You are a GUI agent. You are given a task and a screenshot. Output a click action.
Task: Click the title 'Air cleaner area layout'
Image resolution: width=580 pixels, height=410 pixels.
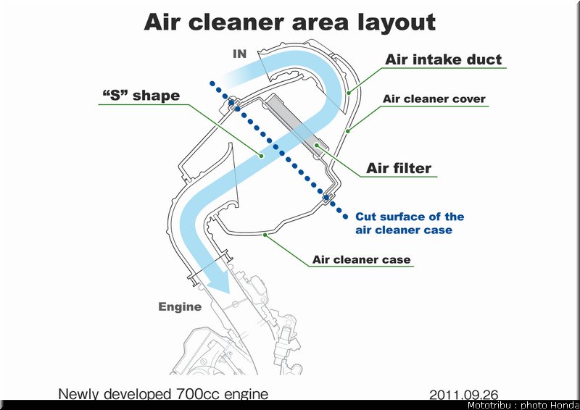tap(289, 22)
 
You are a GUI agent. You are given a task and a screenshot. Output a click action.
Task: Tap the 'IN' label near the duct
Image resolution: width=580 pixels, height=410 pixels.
tap(240, 54)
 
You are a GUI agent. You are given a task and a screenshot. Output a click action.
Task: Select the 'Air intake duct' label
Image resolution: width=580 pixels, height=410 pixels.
tap(443, 59)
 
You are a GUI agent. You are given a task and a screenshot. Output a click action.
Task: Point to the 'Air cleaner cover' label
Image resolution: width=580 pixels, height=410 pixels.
tap(434, 99)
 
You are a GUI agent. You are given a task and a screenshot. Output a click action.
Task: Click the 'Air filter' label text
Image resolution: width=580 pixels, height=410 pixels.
tap(398, 168)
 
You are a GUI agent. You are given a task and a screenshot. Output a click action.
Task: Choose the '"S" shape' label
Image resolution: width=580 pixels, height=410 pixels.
tap(141, 96)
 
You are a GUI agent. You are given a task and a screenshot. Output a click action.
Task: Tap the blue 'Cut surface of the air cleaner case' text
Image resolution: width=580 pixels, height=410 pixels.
tap(410, 223)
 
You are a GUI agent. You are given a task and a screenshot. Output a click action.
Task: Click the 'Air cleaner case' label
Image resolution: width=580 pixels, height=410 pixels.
tap(361, 259)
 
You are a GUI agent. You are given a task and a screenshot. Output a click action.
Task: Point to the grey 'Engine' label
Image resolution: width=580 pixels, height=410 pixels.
tap(180, 307)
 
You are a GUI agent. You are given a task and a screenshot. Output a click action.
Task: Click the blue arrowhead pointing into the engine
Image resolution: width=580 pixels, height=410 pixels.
tap(221, 282)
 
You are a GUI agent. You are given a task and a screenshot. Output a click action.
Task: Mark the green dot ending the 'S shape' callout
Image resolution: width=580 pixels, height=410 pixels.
tap(261, 156)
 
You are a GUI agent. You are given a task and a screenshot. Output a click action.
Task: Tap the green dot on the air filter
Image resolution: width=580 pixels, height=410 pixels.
tap(317, 146)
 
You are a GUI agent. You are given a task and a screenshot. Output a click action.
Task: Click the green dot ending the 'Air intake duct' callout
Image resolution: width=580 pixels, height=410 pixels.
tap(349, 93)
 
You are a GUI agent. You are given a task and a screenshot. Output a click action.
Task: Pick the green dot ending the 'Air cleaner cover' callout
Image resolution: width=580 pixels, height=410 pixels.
tap(348, 131)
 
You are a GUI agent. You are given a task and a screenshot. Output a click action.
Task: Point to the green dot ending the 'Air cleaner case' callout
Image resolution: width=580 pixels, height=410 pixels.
tap(265, 235)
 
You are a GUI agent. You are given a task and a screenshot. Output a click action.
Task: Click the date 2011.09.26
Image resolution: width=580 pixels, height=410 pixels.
tap(463, 395)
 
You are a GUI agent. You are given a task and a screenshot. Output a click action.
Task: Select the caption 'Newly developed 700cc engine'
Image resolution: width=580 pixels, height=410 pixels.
tap(163, 394)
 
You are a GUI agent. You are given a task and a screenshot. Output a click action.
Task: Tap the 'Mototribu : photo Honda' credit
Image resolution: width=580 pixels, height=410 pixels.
tap(522, 405)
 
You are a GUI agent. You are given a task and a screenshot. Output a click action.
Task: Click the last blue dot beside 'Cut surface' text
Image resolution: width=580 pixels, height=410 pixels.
tap(346, 217)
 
